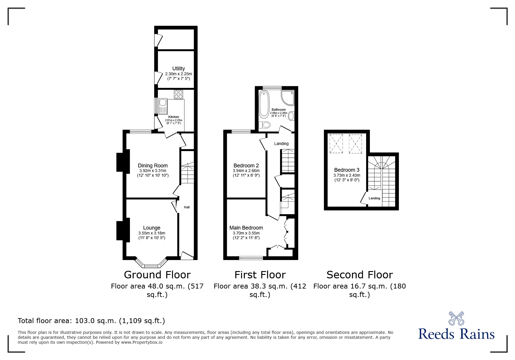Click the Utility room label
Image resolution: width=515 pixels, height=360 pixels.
click(178, 69)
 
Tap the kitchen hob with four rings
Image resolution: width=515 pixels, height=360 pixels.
click(179, 94)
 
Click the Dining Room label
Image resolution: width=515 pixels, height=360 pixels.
click(153, 166)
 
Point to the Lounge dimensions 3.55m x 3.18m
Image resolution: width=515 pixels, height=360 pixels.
click(152, 233)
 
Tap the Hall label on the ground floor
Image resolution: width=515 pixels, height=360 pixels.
click(187, 207)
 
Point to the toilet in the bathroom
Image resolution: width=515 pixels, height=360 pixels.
click(265, 125)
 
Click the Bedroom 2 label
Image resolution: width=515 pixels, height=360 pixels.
click(246, 166)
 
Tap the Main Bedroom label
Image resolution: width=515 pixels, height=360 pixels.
click(246, 228)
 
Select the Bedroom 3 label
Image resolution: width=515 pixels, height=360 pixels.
click(347, 170)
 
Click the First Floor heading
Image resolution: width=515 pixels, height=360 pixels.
click(260, 275)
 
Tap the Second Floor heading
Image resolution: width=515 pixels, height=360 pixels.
click(359, 275)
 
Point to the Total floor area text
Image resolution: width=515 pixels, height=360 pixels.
click(91, 321)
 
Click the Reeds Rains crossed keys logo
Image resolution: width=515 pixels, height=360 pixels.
click(456, 318)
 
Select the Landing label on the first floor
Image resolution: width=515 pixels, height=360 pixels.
click(281, 144)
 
